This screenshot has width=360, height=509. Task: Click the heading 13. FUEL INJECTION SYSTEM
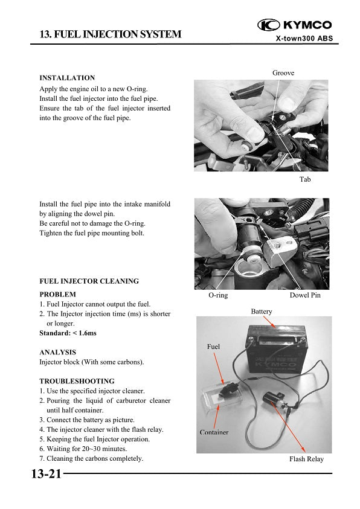(110, 34)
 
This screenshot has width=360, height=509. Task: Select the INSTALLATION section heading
(67, 78)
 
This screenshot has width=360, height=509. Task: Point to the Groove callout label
(283, 72)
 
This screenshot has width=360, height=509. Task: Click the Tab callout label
(305, 180)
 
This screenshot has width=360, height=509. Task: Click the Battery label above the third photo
(261, 312)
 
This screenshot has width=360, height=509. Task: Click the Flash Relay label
(306, 459)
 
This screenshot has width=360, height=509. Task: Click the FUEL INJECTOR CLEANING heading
(89, 281)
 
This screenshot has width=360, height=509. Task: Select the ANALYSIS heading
(57, 351)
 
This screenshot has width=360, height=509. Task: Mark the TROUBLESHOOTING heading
(77, 381)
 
